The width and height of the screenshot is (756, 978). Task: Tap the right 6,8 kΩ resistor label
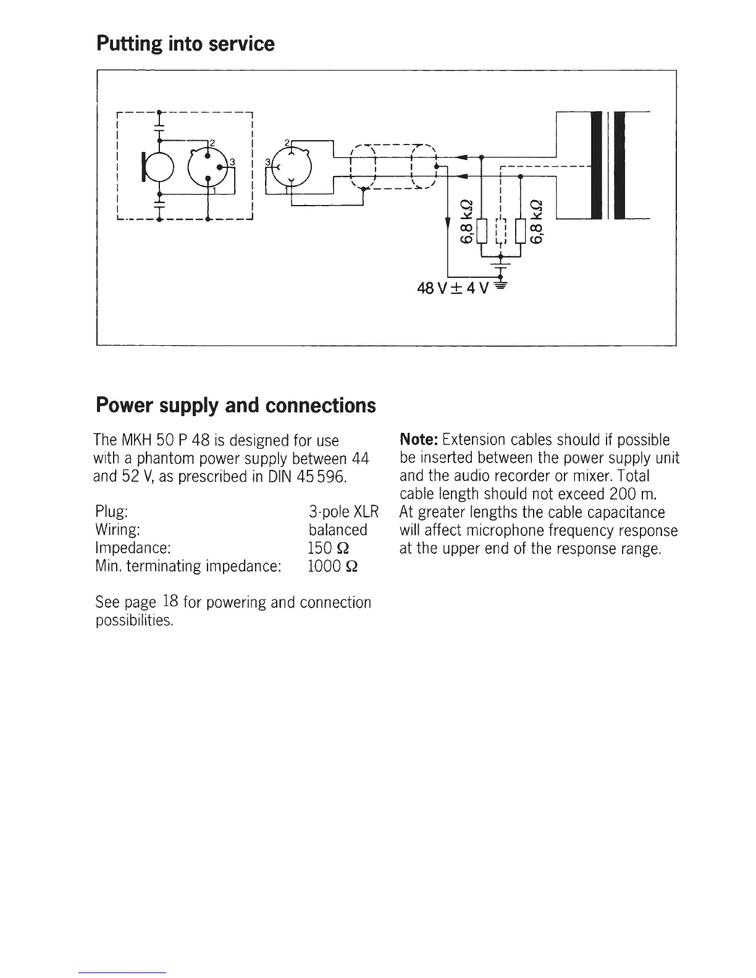point(537,222)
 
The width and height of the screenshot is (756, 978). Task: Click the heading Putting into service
point(185,44)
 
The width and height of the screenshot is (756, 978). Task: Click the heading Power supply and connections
point(235,405)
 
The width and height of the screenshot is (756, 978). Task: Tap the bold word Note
point(419,440)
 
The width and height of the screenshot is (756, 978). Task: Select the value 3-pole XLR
point(343,512)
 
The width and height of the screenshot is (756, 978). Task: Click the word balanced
point(338,530)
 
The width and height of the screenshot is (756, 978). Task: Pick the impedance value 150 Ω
point(329,548)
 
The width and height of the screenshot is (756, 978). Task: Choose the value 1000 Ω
point(332,566)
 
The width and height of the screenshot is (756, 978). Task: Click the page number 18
point(172,601)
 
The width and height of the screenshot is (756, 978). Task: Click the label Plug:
point(112,512)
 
